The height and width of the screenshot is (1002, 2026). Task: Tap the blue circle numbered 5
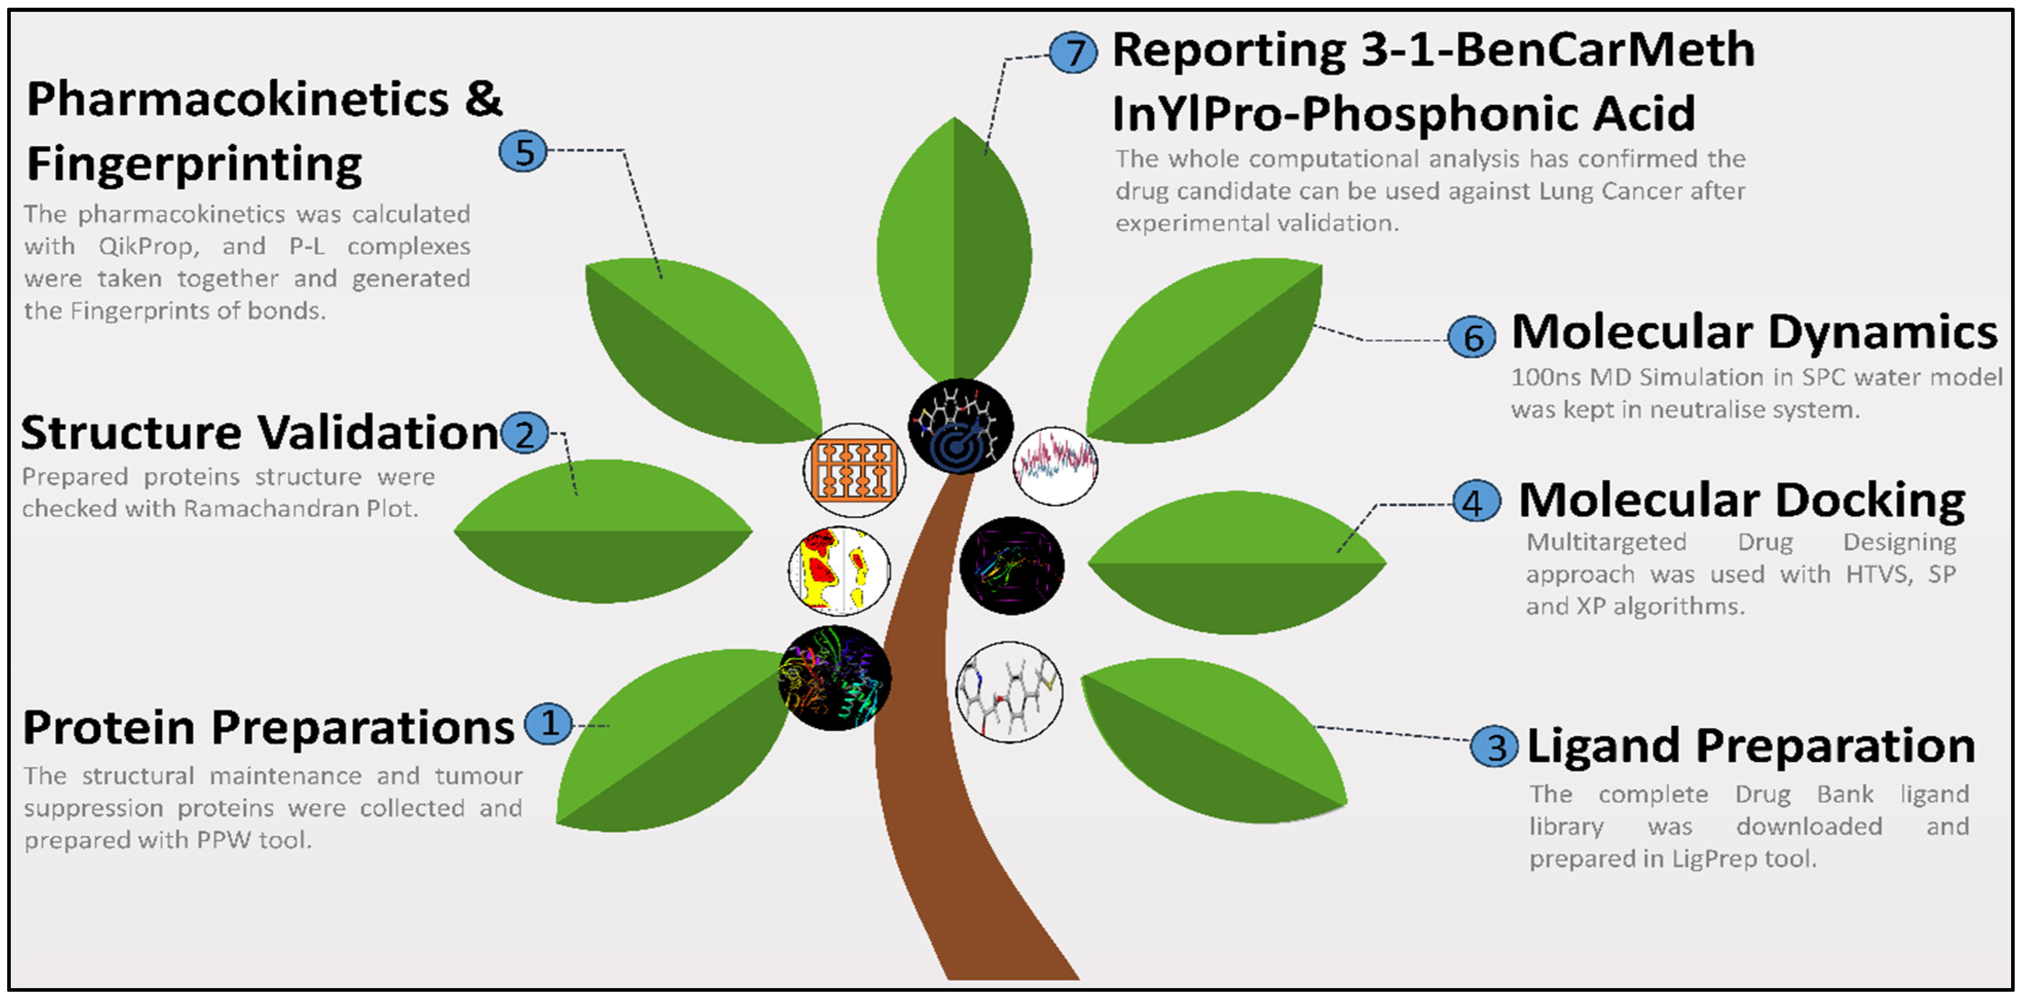coord(523,151)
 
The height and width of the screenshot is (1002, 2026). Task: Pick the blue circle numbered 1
coord(548,723)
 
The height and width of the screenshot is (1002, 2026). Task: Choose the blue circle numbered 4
coord(1476,502)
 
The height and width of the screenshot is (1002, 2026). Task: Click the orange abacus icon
coord(854,470)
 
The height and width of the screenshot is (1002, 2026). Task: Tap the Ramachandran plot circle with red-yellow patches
coord(839,570)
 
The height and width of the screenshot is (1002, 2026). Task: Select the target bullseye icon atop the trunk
coord(960,426)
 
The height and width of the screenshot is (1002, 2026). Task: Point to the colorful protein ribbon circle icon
coord(835,678)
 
